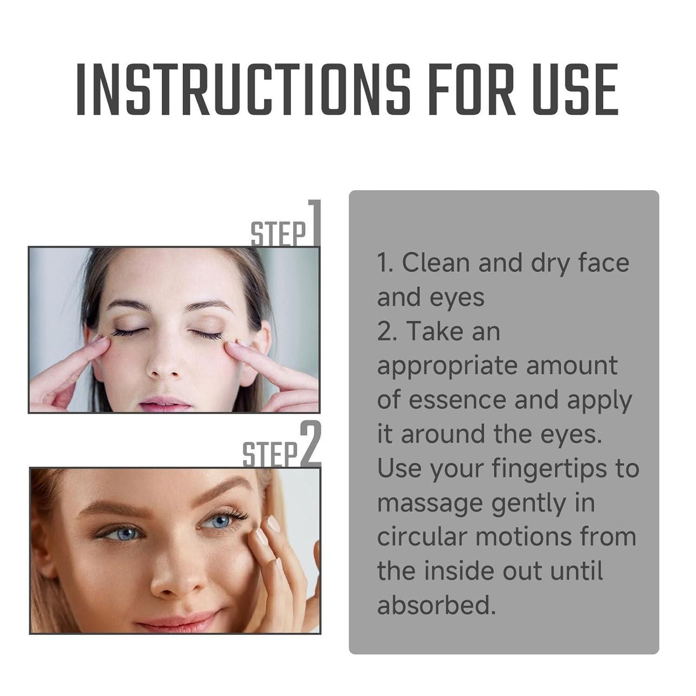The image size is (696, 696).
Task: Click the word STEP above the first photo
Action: tap(278, 234)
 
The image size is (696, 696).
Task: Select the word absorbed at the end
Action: tap(436, 605)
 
